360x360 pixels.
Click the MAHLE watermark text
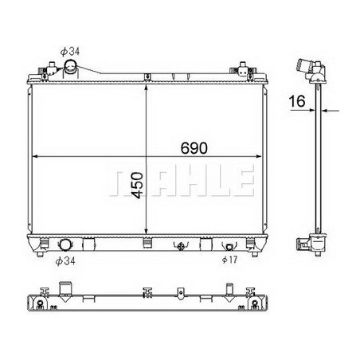click(x=179, y=182)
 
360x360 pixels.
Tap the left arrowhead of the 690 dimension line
click(x=32, y=156)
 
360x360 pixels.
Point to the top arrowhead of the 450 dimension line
click(x=146, y=84)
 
